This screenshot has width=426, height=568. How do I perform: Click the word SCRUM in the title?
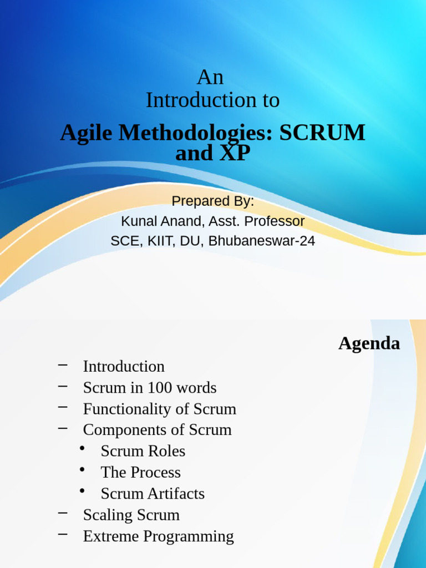(322, 133)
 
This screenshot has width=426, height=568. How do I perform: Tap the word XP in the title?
(235, 153)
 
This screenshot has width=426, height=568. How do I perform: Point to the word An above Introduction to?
(210, 77)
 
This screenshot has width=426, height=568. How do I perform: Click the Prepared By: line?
(213, 201)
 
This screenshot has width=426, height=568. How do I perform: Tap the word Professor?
(275, 221)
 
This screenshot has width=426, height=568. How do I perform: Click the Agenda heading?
(369, 343)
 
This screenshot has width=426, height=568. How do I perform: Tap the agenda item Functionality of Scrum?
(160, 409)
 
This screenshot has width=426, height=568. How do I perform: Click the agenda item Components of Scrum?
(158, 430)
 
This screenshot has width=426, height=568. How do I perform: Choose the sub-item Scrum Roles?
(143, 452)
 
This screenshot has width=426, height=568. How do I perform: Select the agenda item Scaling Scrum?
(131, 515)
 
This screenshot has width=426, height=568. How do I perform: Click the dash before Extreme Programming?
(63, 534)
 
